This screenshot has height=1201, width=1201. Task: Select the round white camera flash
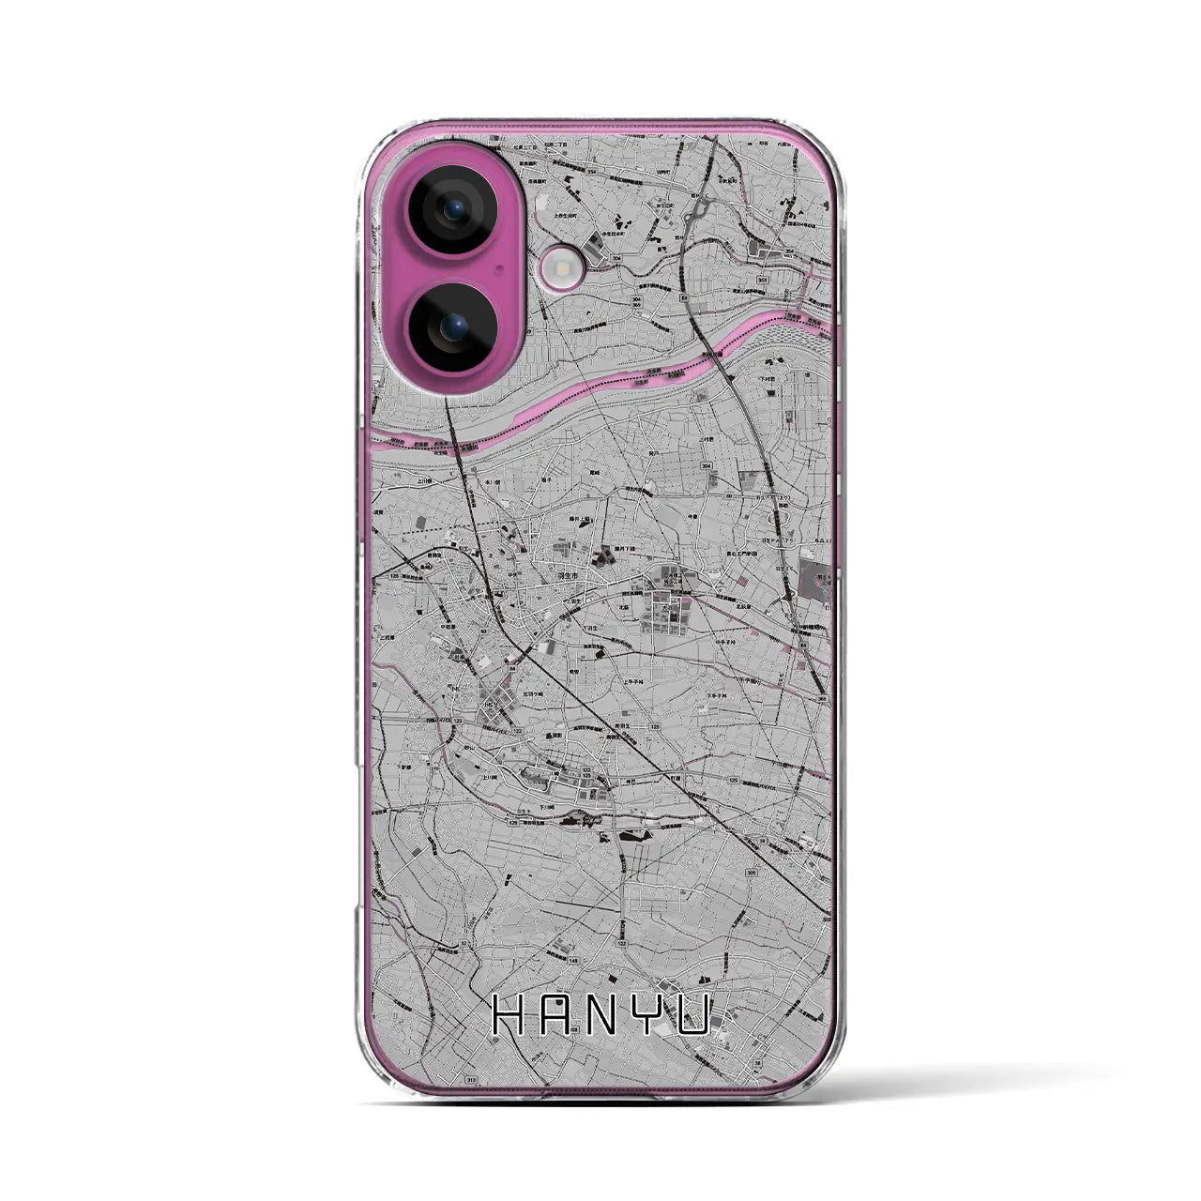561,272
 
